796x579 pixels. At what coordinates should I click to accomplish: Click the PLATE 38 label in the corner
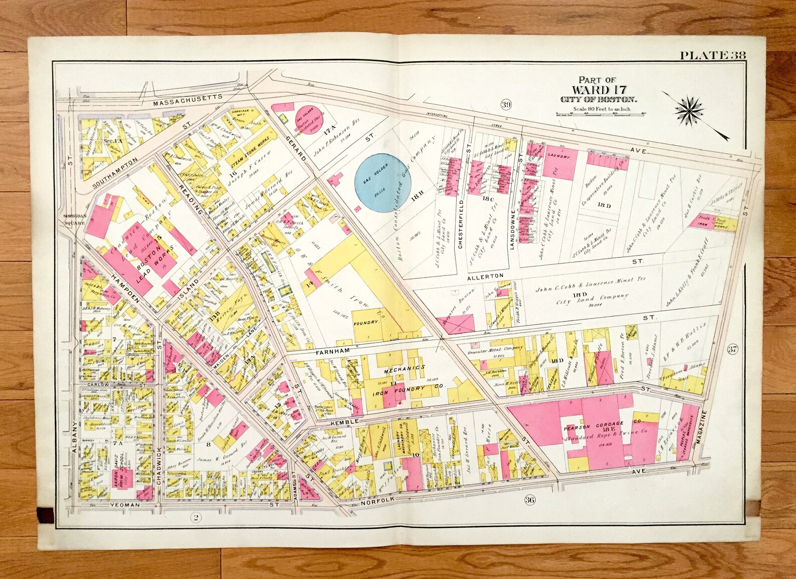click(712, 55)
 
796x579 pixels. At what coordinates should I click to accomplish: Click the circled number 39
click(505, 104)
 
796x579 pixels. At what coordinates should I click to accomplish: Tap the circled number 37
click(732, 349)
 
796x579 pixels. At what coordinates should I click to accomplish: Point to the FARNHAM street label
click(332, 352)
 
